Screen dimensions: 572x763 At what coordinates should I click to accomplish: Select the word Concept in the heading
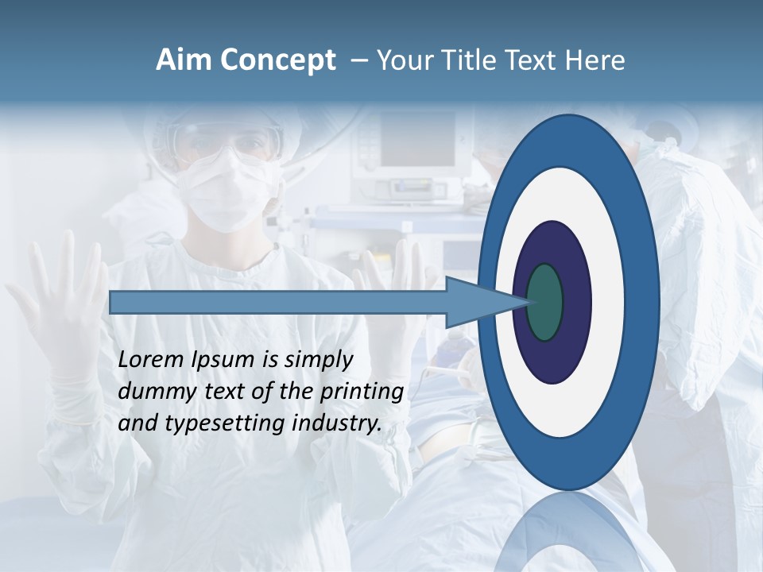pos(278,60)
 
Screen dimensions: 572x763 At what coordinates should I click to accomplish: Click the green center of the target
pos(544,302)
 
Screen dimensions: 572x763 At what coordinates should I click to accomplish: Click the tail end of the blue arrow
pos(112,302)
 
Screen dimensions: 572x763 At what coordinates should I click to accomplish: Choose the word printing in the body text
pos(362,391)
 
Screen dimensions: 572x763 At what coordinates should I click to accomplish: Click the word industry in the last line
pos(337,423)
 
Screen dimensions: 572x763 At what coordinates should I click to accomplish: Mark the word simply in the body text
pos(319,359)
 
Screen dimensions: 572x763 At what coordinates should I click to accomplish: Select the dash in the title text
pos(358,60)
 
